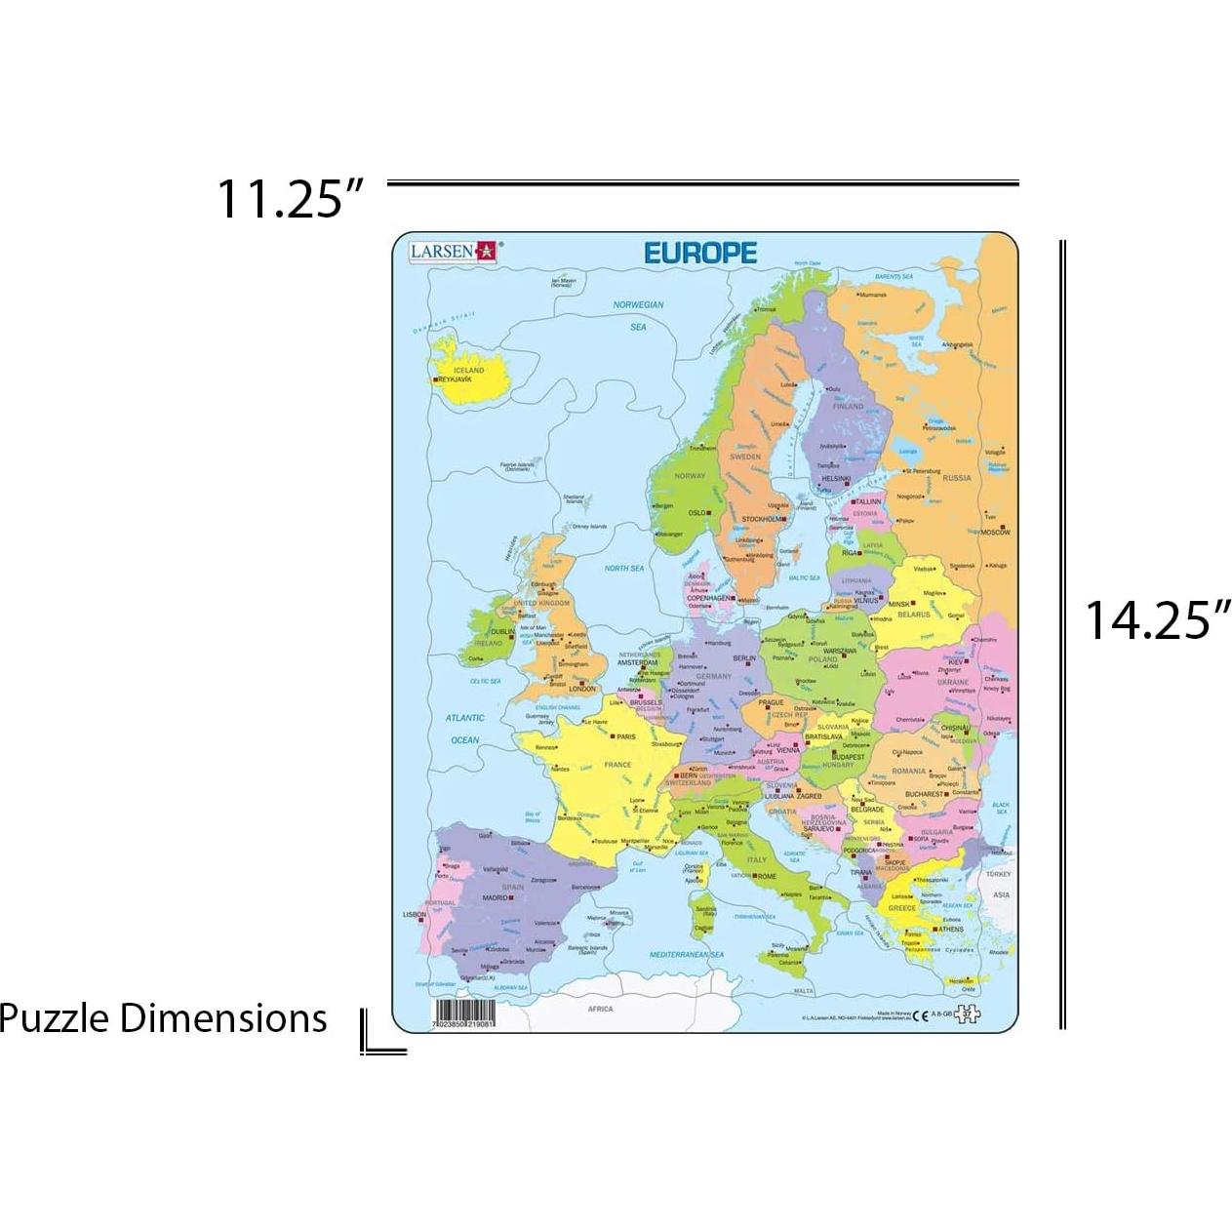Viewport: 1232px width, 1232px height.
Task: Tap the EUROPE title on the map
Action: tap(699, 253)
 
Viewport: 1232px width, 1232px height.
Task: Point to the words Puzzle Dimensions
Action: tap(163, 1018)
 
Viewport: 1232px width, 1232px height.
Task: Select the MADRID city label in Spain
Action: tap(495, 897)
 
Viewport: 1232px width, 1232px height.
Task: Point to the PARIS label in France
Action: tap(625, 737)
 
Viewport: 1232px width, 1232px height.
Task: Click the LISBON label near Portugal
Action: tap(415, 915)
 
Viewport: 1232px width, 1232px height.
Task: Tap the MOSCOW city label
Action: tap(995, 532)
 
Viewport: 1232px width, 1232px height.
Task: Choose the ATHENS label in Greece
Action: tap(950, 930)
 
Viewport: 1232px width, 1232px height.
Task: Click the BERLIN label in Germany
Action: tap(744, 658)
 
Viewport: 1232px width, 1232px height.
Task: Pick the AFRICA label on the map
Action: tap(600, 1009)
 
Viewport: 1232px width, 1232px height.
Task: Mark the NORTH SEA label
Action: tap(624, 568)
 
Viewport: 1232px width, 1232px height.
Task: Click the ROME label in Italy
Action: tap(766, 877)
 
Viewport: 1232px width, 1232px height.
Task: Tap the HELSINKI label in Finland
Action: tap(835, 479)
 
